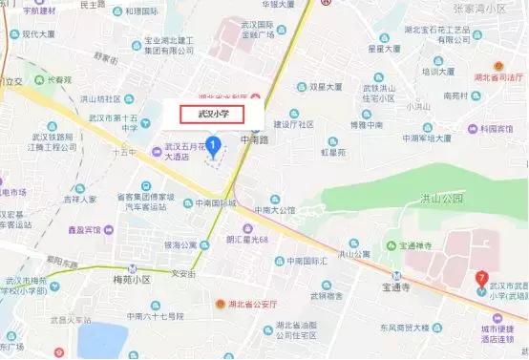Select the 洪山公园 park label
click(x=440, y=199)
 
